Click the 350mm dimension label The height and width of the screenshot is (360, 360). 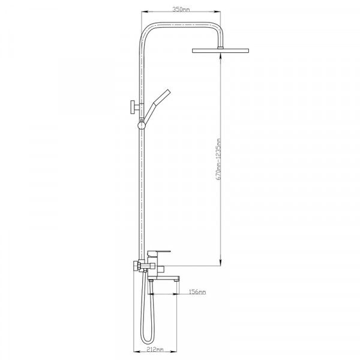pos(181,10)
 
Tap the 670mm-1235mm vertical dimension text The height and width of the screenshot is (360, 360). pos(219,159)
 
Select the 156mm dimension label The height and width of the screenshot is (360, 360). pos(197,292)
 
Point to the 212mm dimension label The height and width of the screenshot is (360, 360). pos(155,349)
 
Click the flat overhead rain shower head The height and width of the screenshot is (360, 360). pos(220,50)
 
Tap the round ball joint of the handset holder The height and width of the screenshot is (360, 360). pos(142,125)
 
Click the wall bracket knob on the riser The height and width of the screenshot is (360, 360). pos(133,107)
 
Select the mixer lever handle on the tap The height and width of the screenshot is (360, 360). pos(159,253)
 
